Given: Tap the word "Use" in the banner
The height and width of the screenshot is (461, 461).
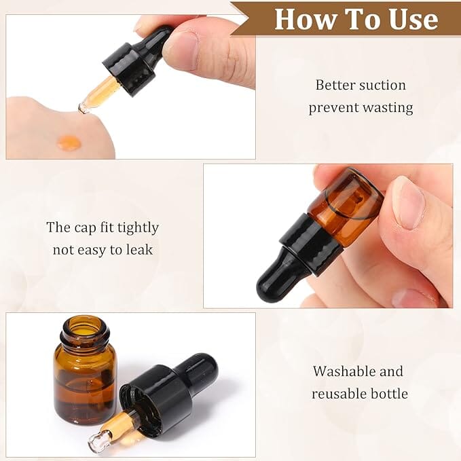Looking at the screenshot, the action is [414, 19].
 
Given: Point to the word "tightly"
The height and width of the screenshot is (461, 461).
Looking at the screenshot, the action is [138, 228].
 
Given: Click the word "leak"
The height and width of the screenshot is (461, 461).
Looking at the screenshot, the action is [140, 250].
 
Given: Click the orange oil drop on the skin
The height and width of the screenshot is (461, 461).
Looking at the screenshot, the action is [69, 143].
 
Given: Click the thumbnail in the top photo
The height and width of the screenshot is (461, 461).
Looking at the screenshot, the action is [180, 50].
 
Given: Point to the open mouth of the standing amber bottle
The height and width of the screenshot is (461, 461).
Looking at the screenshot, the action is [85, 327].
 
